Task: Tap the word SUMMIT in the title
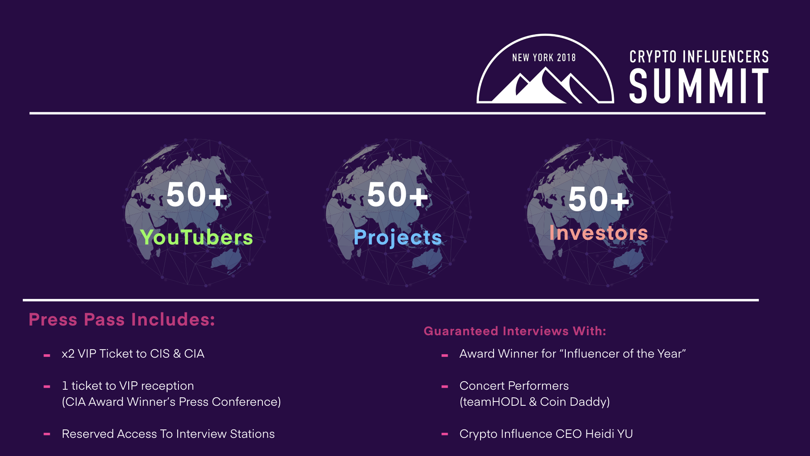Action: point(699,86)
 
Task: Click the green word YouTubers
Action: point(197,237)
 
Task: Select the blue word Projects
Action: point(398,238)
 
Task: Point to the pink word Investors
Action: point(599,233)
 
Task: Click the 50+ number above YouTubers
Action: point(197,195)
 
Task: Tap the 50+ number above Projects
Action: point(398,195)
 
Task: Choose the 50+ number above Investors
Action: point(599,199)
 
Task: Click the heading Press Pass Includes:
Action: point(122,320)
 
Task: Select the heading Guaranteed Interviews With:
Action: point(515,331)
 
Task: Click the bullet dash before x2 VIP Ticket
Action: point(47,356)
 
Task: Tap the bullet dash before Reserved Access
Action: point(47,434)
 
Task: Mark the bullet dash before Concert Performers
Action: point(445,386)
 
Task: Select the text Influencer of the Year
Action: point(623,354)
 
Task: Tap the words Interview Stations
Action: point(225,434)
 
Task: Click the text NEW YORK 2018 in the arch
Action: point(544,58)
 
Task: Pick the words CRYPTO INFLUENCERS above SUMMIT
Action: point(699,57)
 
